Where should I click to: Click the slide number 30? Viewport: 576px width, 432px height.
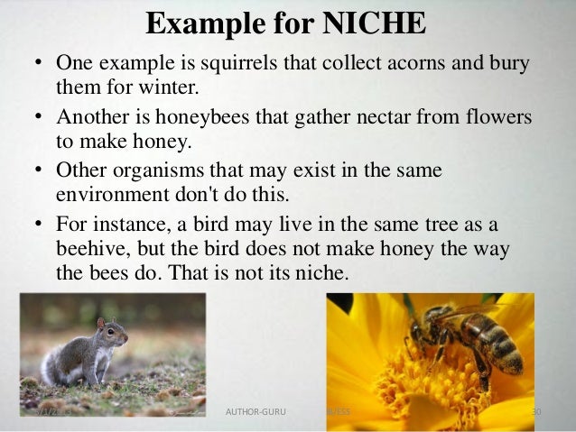[534, 412]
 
